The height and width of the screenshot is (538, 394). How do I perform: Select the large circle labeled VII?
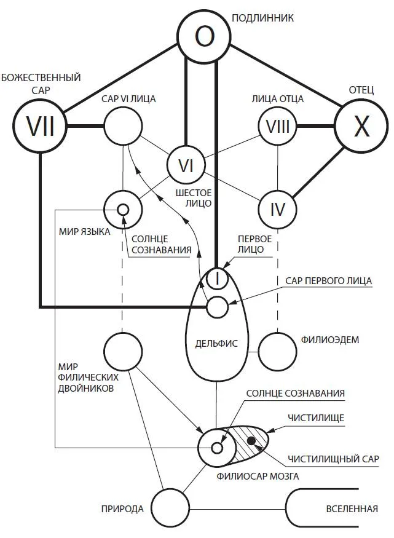pyautogui.click(x=41, y=127)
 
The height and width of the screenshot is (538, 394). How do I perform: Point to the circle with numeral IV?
pyautogui.click(x=277, y=209)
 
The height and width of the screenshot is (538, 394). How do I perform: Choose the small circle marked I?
pyautogui.click(x=217, y=278)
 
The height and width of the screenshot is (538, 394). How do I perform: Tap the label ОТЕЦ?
pyautogui.click(x=361, y=91)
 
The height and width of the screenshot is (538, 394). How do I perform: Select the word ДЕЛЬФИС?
pyautogui.click(x=217, y=342)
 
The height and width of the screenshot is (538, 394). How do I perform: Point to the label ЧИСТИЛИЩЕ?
pyautogui.click(x=316, y=417)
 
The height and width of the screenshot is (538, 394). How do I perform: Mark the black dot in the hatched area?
pyautogui.click(x=251, y=440)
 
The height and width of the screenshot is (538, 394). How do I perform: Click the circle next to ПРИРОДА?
pyautogui.click(x=170, y=509)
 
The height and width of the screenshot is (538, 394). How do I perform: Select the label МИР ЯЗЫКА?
pyautogui.click(x=85, y=232)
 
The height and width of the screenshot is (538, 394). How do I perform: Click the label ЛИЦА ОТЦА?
pyautogui.click(x=278, y=98)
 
